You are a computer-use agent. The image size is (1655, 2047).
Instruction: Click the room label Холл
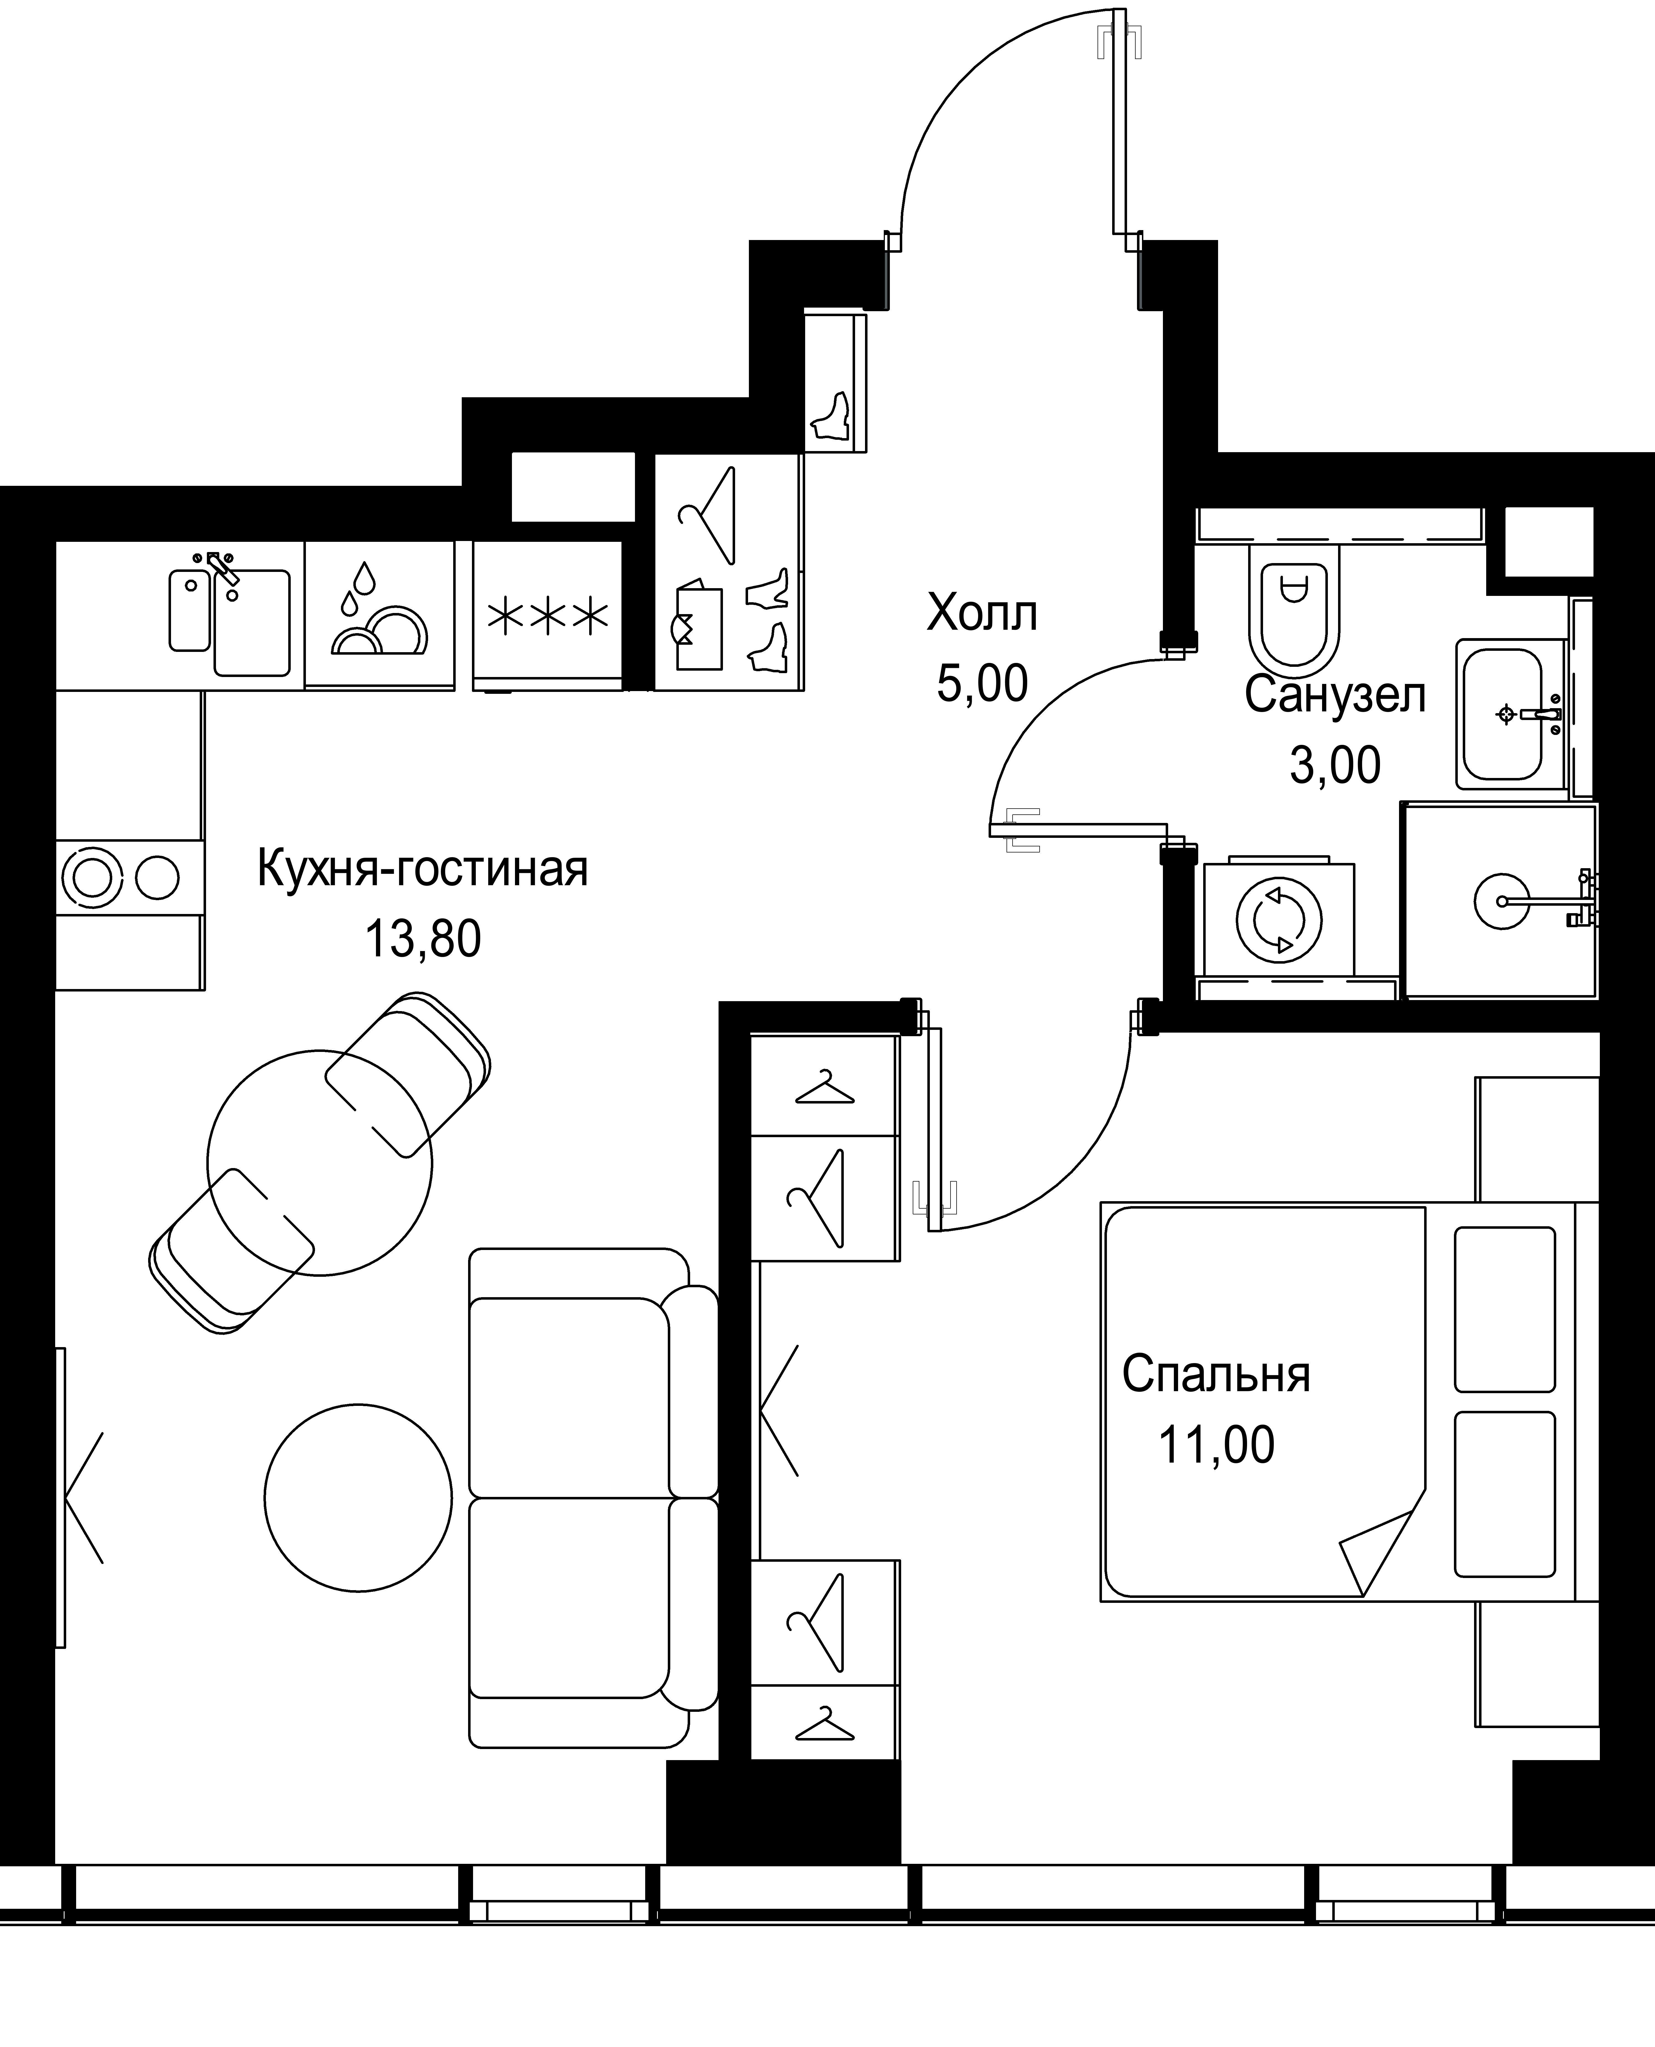pos(982,613)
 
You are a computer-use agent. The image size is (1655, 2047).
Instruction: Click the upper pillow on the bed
pos(1504,1308)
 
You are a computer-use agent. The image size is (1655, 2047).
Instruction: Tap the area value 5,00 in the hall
pos(982,684)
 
